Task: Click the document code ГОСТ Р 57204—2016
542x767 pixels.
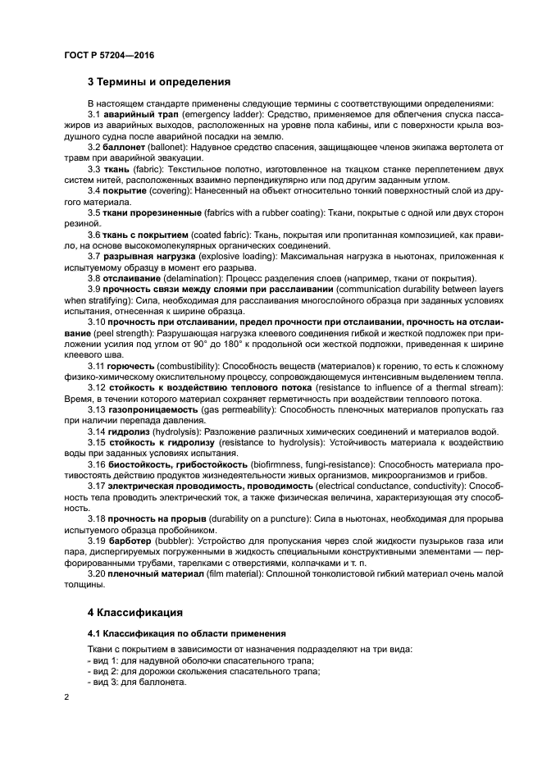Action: click(108, 56)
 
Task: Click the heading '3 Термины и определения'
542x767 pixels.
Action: click(158, 82)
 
